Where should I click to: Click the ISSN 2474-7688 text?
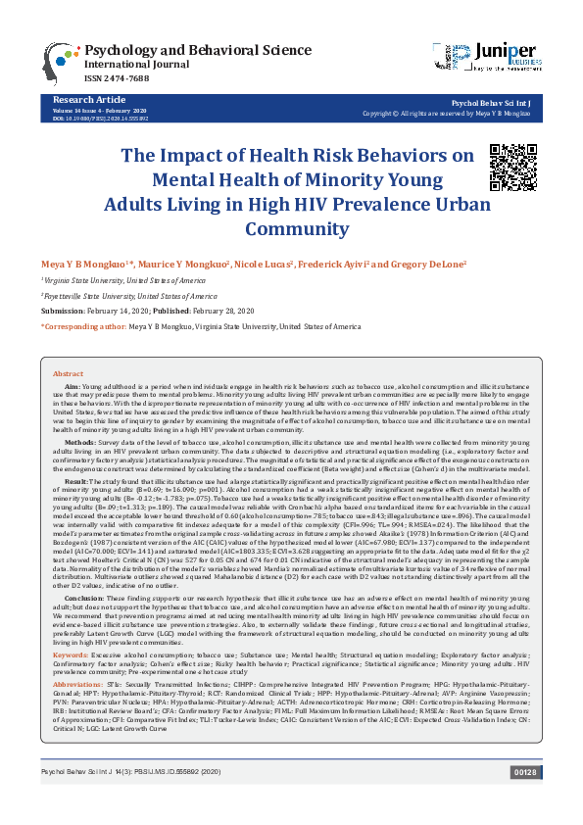coord(118,79)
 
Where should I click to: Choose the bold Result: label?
coord(77,483)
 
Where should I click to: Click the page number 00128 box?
coord(525,801)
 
